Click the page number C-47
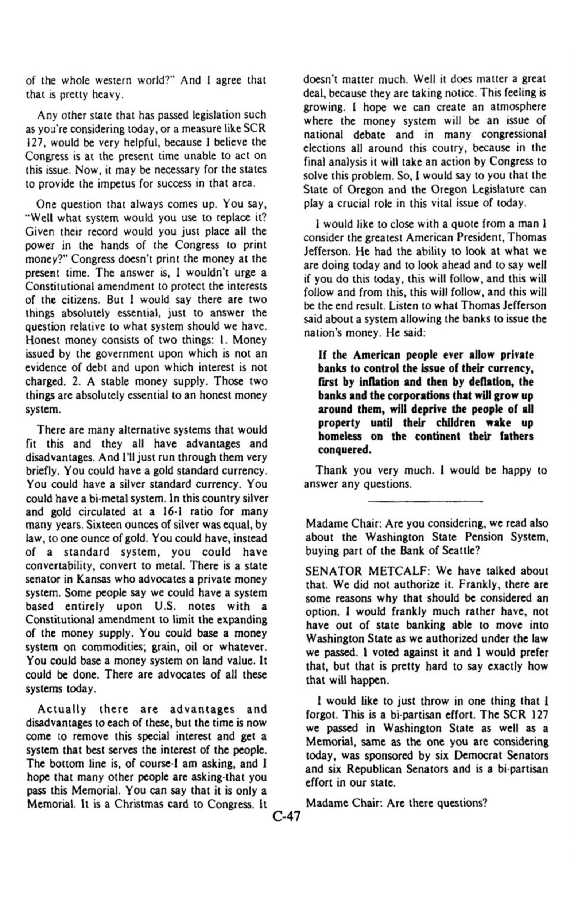285,817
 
